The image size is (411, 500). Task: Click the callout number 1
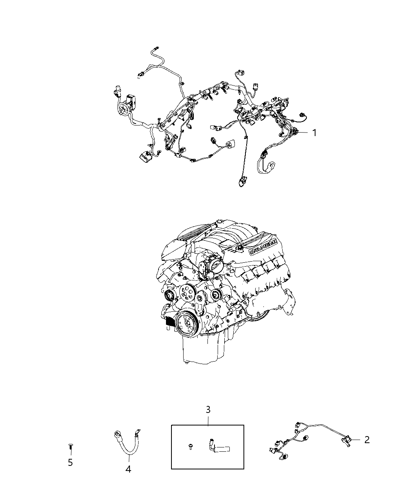(x=314, y=133)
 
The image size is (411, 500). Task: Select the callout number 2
(x=366, y=440)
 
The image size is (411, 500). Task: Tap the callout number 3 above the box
(x=208, y=410)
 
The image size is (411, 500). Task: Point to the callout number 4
(x=128, y=469)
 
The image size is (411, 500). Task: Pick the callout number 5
(x=70, y=463)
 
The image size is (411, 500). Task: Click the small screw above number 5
(x=70, y=447)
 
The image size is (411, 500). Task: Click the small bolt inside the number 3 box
(x=190, y=447)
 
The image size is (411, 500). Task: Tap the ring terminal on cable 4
(x=116, y=434)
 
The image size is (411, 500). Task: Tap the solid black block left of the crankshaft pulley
(x=171, y=321)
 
